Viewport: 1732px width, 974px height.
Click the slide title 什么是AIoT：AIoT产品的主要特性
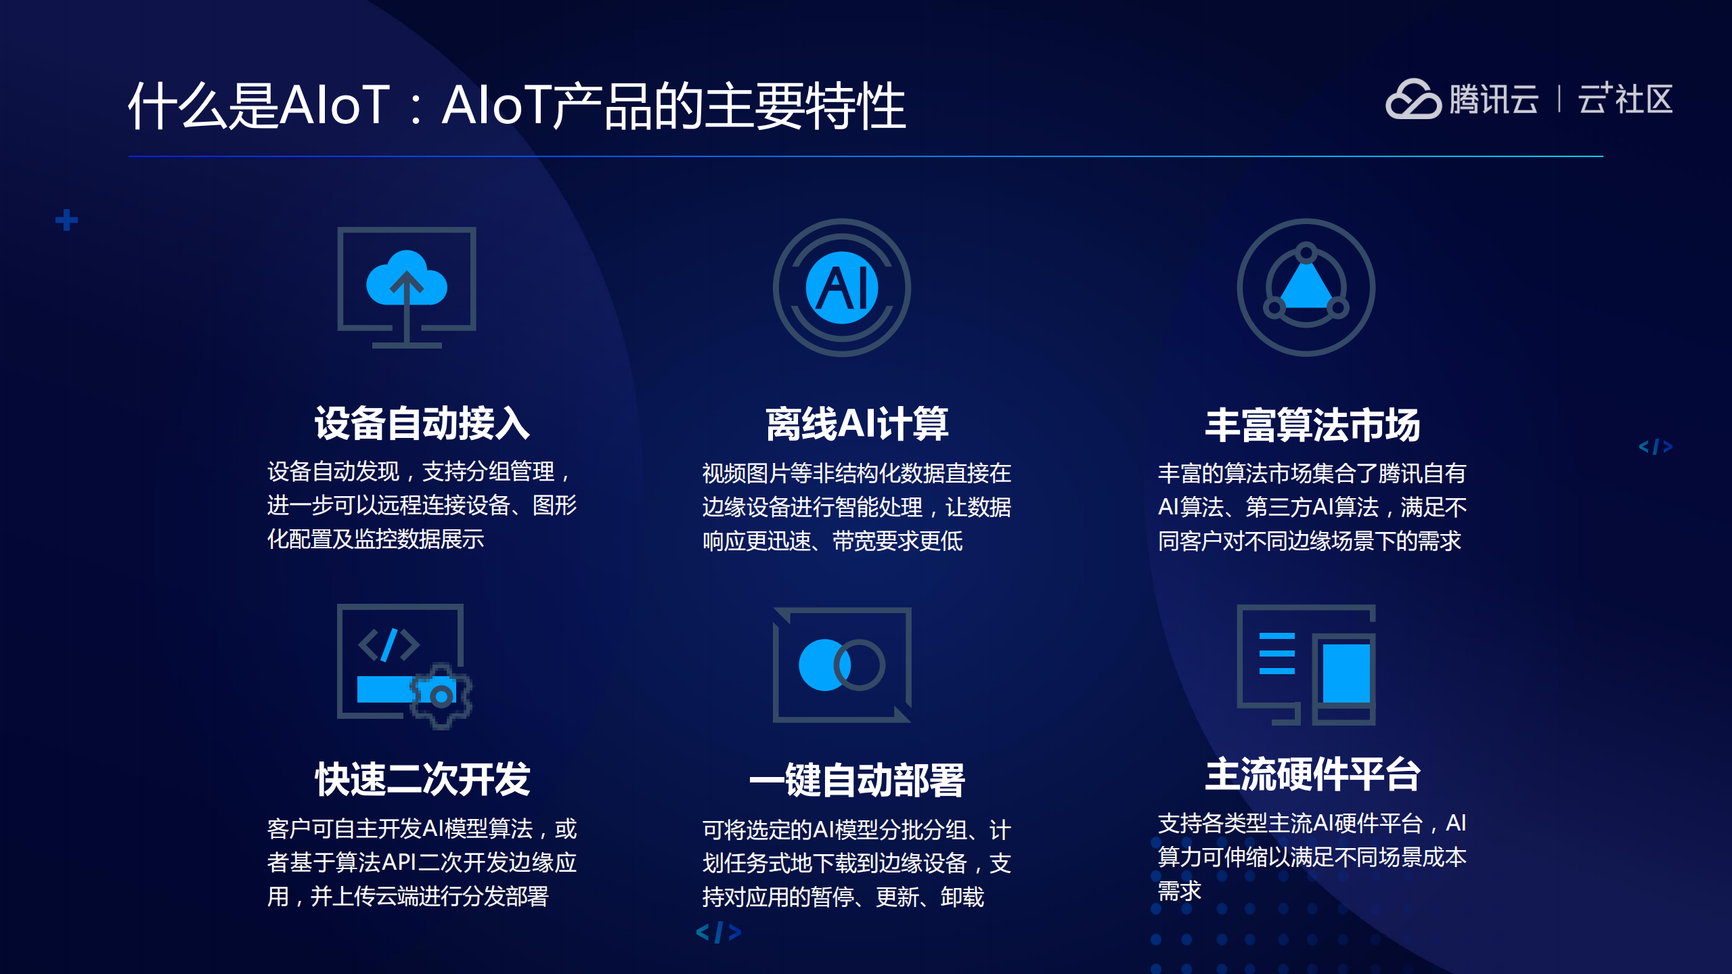[516, 106]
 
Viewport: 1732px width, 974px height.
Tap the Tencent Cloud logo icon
[1413, 99]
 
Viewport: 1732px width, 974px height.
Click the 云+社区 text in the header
[1625, 99]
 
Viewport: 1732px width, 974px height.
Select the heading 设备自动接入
[422, 424]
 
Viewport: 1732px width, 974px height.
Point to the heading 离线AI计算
[856, 424]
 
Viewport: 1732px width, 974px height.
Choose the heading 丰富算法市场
[1312, 425]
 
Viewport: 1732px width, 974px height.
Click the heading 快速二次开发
[422, 779]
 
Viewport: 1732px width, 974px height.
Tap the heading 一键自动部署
[856, 780]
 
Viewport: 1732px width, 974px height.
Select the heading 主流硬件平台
[1312, 774]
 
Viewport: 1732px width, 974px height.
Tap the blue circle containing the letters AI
[842, 288]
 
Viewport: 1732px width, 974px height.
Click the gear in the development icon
[441, 695]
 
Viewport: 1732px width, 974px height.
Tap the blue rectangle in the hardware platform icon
[1346, 673]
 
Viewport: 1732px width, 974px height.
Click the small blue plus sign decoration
[66, 220]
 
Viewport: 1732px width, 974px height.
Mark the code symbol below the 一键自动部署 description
[718, 932]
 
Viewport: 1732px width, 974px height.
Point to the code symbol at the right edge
[1655, 447]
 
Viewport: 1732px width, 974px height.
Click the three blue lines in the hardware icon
[1276, 653]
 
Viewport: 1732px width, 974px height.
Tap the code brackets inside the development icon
[388, 644]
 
